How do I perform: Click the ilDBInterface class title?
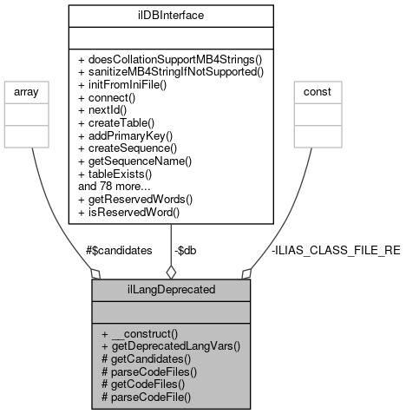click(171, 15)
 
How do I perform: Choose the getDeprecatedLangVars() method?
click(170, 345)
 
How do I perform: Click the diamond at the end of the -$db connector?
click(170, 273)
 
